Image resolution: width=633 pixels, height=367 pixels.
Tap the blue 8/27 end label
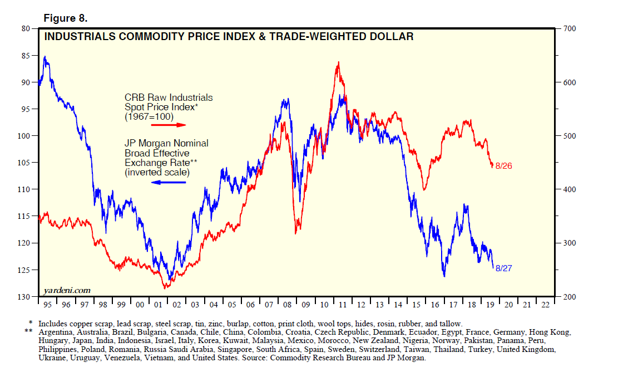[503, 268]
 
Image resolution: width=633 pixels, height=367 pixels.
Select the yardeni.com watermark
[67, 290]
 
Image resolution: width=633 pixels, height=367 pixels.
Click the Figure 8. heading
[66, 18]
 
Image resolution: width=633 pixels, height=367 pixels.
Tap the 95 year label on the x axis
[47, 305]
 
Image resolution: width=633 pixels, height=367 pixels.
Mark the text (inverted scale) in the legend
[157, 173]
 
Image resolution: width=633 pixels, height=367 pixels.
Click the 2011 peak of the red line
[338, 62]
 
